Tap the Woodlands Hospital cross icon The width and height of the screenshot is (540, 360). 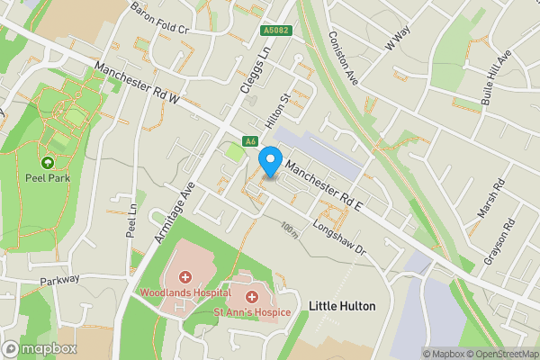(185, 277)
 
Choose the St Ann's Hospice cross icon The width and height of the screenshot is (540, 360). (252, 295)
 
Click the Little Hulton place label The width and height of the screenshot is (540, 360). (342, 306)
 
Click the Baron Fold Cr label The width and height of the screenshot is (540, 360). (158, 16)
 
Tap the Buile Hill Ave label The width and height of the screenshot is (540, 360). (497, 67)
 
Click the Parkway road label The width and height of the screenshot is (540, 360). (58, 280)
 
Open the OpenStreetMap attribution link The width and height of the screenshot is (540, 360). (499, 354)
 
